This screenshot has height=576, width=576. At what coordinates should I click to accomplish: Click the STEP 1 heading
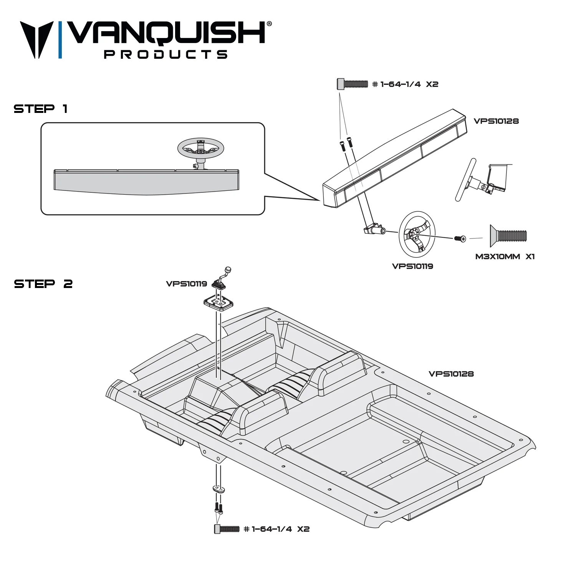click(x=41, y=109)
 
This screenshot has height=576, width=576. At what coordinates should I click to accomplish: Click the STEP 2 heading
click(x=43, y=284)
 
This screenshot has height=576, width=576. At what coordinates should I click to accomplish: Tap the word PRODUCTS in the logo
click(x=166, y=54)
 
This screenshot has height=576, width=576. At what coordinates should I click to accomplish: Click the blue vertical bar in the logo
click(x=60, y=40)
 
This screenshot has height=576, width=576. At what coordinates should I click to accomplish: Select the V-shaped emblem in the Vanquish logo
click(x=37, y=39)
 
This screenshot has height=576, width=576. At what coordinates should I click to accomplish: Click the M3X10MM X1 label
click(x=505, y=257)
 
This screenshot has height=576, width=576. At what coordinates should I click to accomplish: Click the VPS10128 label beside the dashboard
click(x=496, y=121)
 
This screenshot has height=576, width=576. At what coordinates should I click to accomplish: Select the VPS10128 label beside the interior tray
click(x=451, y=374)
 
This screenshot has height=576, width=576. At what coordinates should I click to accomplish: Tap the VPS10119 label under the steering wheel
click(x=412, y=266)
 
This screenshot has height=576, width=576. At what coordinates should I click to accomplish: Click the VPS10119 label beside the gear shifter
click(x=186, y=284)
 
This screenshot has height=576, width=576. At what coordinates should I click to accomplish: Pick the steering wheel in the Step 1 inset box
click(x=200, y=149)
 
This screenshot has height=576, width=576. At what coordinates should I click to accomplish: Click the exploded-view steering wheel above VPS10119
click(x=417, y=234)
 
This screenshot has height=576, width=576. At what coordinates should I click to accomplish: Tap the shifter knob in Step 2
click(x=228, y=270)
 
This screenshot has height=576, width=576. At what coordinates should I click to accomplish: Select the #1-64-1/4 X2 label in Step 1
click(x=405, y=84)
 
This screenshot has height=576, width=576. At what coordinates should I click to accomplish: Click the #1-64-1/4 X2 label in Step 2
click(x=276, y=529)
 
